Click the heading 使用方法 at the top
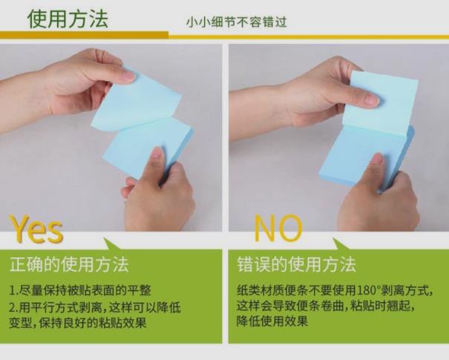(x=68, y=19)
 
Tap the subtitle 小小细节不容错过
(x=237, y=22)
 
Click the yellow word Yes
(x=36, y=229)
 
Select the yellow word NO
(x=278, y=229)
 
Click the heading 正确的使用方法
(x=69, y=264)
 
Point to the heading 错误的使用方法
(x=296, y=264)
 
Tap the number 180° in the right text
(x=368, y=290)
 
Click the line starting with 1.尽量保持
(x=80, y=290)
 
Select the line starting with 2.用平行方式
(x=95, y=307)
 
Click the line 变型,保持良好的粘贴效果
(x=78, y=323)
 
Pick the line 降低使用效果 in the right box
(x=272, y=321)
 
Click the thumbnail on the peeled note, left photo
(x=128, y=75)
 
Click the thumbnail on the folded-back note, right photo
(x=372, y=99)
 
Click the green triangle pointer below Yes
(x=113, y=244)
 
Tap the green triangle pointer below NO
(x=341, y=244)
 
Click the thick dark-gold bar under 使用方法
(x=84, y=35)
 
